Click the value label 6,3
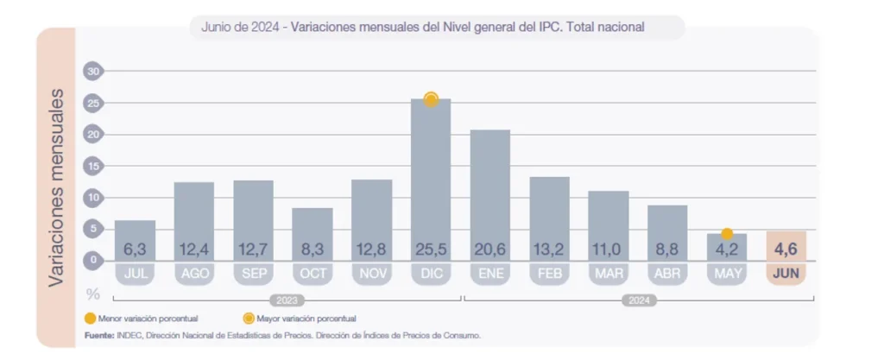click(135, 250)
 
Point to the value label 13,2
click(549, 250)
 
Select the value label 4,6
click(786, 249)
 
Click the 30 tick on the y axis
click(93, 72)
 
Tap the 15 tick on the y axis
click(93, 166)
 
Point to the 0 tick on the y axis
click(93, 260)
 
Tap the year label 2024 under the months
click(639, 300)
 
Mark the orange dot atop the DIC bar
click(431, 99)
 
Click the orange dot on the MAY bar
click(727, 234)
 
